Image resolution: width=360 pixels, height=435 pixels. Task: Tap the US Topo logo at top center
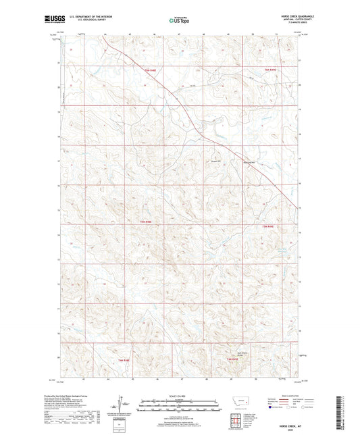coord(179,20)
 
